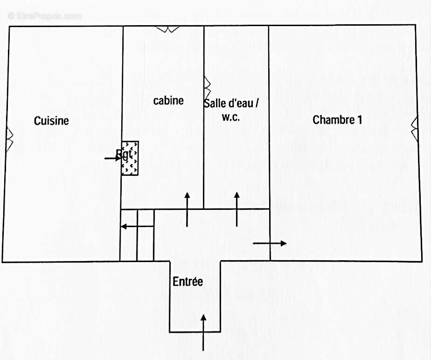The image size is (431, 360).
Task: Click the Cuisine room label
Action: pos(51,121)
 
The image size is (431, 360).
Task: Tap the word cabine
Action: pos(168,100)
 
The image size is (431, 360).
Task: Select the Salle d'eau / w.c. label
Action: pos(230,110)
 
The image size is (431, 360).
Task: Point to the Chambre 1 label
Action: pos(337,120)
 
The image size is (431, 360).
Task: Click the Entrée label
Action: pos(188,282)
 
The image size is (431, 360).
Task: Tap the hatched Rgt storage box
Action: pos(130,158)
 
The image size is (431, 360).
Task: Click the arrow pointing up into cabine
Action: pos(188,209)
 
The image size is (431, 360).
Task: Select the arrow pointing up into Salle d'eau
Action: pos(236,209)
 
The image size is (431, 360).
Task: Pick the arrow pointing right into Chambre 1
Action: pos(270,243)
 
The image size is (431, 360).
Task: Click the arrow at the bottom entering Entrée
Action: pos(203,332)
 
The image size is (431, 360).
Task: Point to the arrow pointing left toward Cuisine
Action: pos(137,227)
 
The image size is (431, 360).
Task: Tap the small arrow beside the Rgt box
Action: pos(112,159)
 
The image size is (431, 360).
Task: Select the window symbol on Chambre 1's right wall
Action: pos(414,129)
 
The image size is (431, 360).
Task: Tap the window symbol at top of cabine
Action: pos(167,28)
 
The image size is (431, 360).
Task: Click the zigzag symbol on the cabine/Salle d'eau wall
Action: pos(207,87)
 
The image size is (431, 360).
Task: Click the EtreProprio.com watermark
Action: pos(44,16)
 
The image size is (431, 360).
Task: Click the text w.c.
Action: pos(230,117)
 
